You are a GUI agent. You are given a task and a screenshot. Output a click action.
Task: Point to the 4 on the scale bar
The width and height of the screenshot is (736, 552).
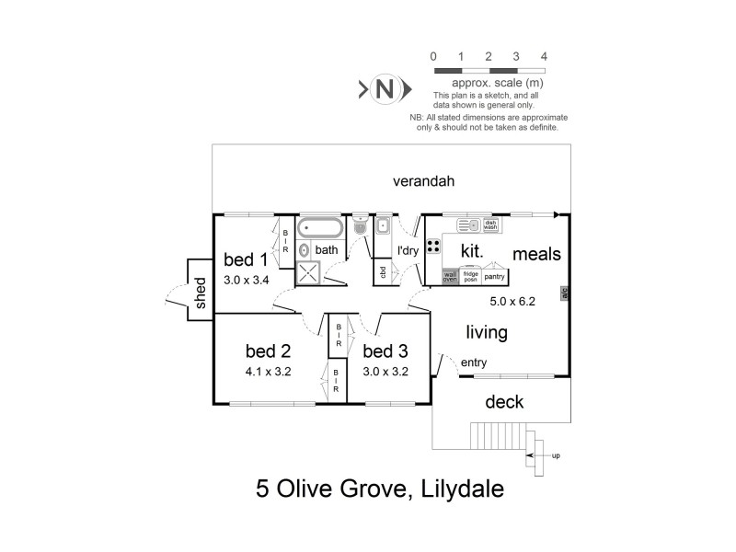[x=544, y=57]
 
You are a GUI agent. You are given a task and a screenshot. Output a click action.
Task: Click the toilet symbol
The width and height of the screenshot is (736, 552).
[x=361, y=221]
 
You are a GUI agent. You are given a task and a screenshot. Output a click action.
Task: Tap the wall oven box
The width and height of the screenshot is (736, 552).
[x=450, y=275]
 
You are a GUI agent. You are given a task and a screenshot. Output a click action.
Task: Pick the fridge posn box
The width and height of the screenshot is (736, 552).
[x=470, y=275]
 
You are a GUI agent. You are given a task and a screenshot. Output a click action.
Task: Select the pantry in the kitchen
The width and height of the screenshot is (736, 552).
[x=495, y=275]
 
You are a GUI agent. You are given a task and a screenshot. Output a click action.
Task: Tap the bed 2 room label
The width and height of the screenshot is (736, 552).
[x=268, y=351]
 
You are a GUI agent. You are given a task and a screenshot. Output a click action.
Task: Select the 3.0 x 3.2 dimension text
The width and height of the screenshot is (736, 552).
[x=385, y=372]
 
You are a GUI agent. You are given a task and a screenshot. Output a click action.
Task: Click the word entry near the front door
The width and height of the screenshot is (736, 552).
[x=474, y=363]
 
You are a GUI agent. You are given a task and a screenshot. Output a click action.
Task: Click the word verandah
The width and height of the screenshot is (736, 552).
[x=424, y=181]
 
